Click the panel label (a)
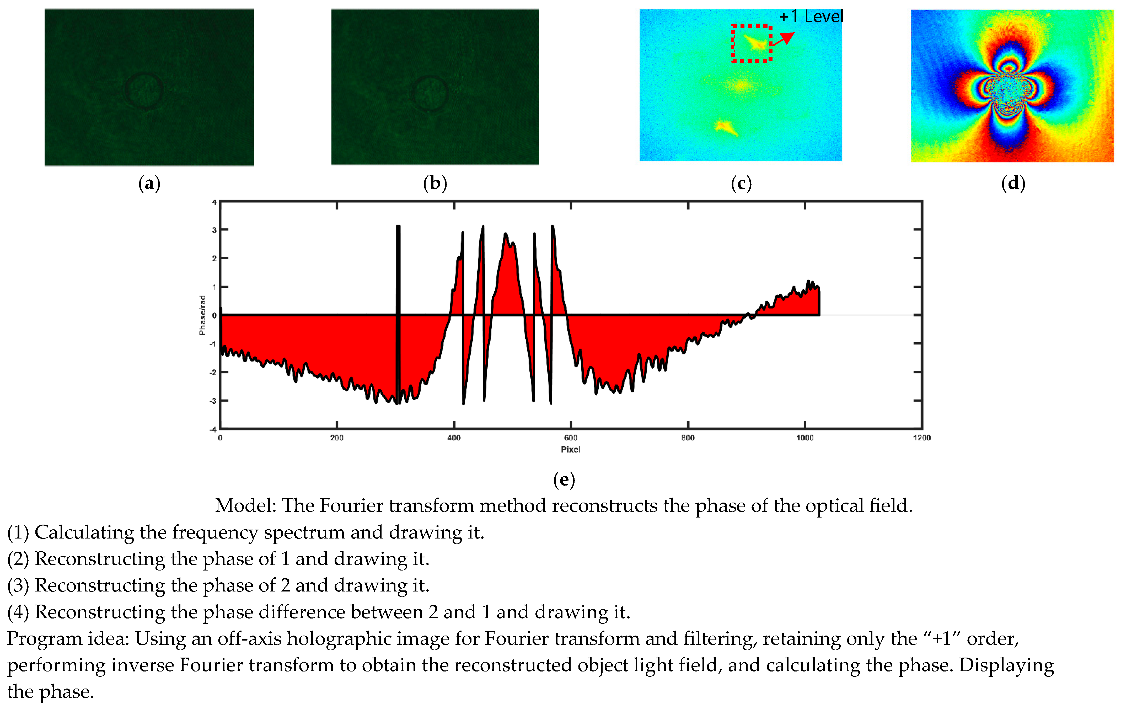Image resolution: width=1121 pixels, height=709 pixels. pyautogui.click(x=149, y=183)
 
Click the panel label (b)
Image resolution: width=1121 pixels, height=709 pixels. pyautogui.click(x=435, y=183)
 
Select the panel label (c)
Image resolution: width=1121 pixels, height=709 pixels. pyautogui.click(x=741, y=183)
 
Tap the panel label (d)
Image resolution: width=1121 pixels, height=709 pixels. pyautogui.click(x=1013, y=183)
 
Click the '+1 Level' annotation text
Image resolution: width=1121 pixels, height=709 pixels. pyautogui.click(x=811, y=17)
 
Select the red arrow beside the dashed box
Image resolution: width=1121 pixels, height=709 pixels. pyautogui.click(x=784, y=38)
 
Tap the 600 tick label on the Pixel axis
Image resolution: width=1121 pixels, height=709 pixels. pyautogui.click(x=571, y=438)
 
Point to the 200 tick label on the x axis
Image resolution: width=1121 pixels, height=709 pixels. pyautogui.click(x=337, y=438)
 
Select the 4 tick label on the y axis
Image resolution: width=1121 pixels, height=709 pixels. pyautogui.click(x=214, y=202)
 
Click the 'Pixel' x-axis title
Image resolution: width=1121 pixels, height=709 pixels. pyautogui.click(x=570, y=449)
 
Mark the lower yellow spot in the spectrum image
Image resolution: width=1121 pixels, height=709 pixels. pyautogui.click(x=725, y=127)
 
